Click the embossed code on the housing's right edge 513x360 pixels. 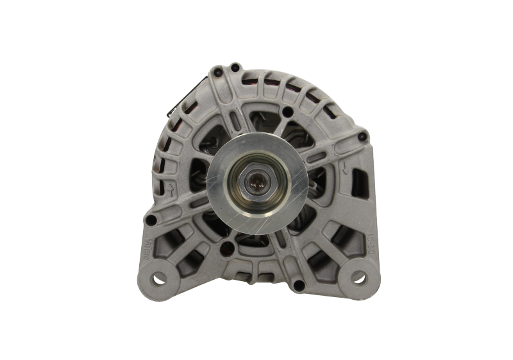coord(370,246)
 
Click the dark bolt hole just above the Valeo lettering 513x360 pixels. coord(151,220)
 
